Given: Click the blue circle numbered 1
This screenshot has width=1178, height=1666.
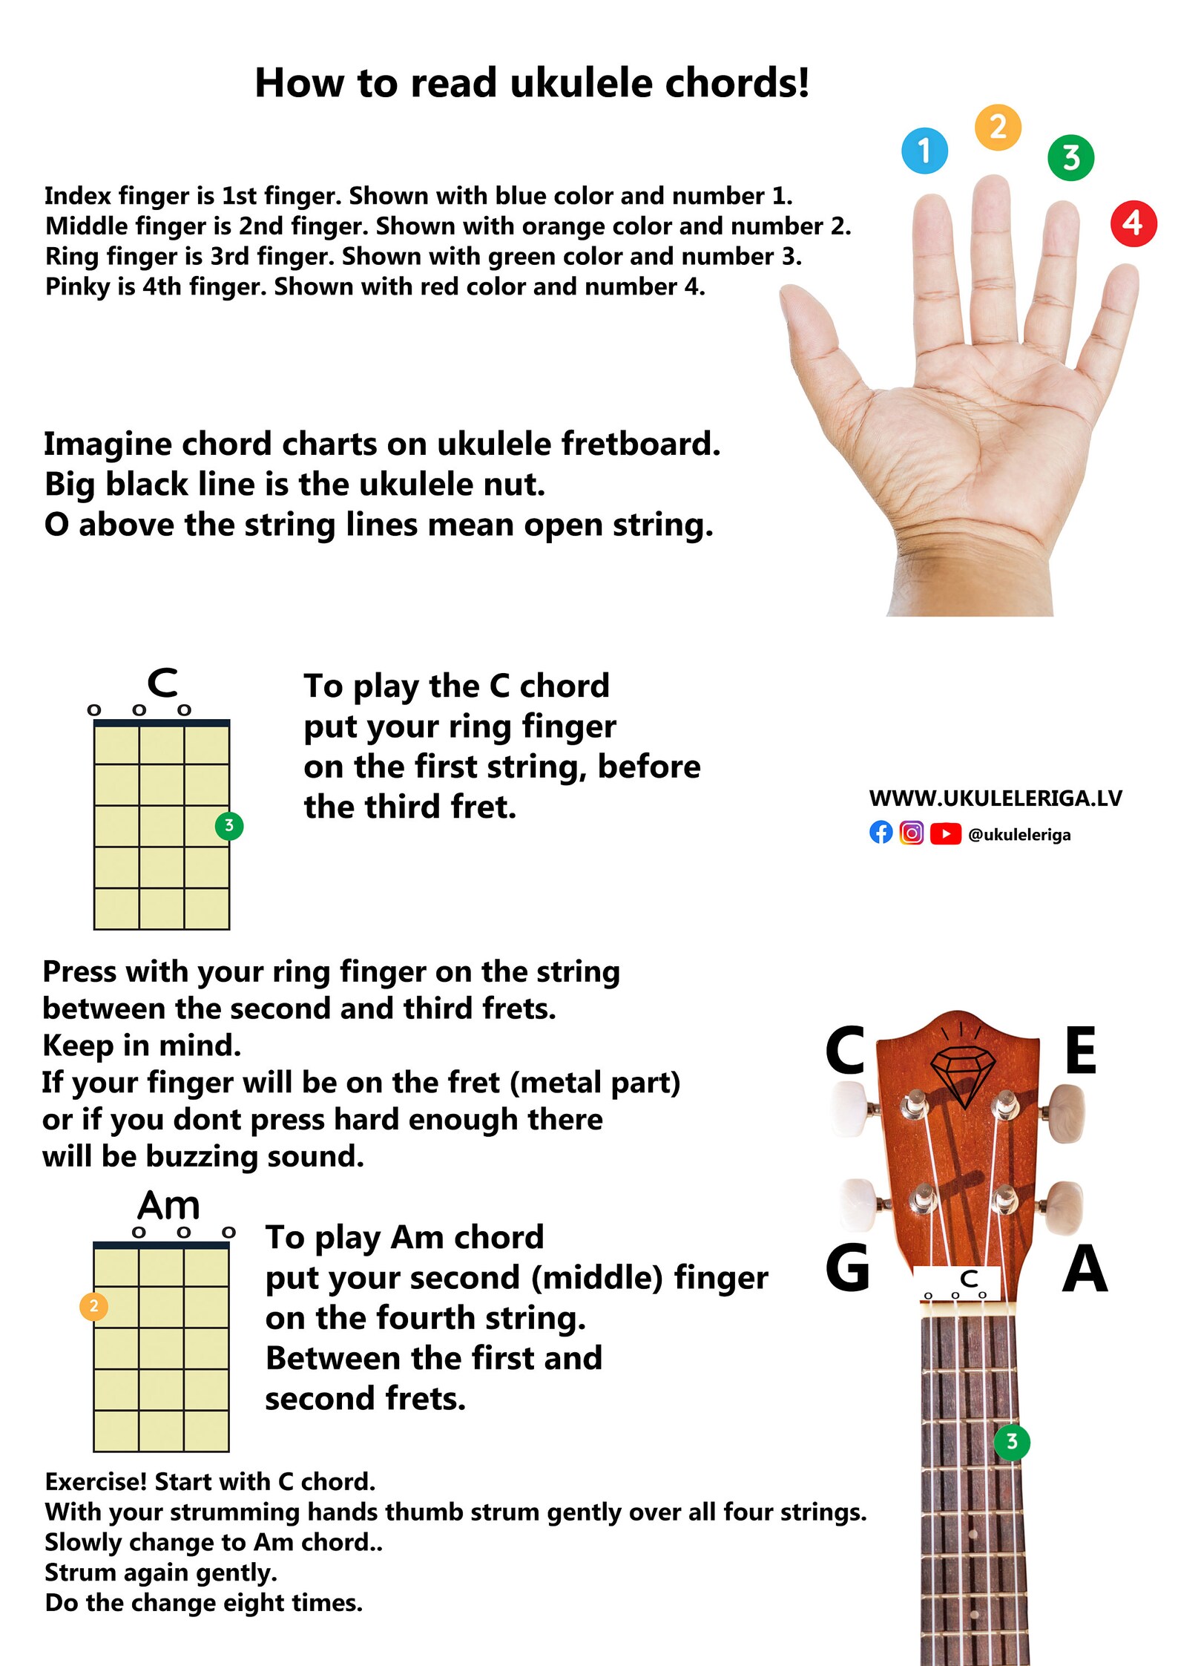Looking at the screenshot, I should (x=924, y=151).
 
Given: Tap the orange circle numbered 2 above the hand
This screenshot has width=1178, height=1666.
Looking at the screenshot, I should (x=998, y=128).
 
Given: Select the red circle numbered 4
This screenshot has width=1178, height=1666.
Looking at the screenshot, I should (x=1133, y=223).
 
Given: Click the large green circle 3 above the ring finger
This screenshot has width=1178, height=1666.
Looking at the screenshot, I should (x=1070, y=157).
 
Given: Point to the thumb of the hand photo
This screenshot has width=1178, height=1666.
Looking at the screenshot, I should (x=813, y=327).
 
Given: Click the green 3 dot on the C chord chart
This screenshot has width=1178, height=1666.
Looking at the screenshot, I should (x=229, y=825).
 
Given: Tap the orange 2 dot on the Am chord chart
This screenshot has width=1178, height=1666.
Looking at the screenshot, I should (x=93, y=1306).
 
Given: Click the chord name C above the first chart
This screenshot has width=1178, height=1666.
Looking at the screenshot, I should (x=162, y=683).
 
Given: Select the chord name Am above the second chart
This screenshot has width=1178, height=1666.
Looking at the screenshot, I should (x=168, y=1206).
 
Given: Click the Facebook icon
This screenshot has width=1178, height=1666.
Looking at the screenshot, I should (x=881, y=833).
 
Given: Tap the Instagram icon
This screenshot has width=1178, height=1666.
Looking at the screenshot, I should (x=912, y=833).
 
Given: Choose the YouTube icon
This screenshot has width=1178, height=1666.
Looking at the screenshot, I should (x=945, y=833).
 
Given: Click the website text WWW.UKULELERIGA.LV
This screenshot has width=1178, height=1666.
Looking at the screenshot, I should (x=995, y=798).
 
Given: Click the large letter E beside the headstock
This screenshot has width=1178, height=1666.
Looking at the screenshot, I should (x=1080, y=1050).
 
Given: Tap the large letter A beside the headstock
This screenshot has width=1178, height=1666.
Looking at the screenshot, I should (x=1084, y=1269).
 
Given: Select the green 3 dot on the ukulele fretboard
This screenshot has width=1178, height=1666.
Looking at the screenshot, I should (x=1011, y=1442).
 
